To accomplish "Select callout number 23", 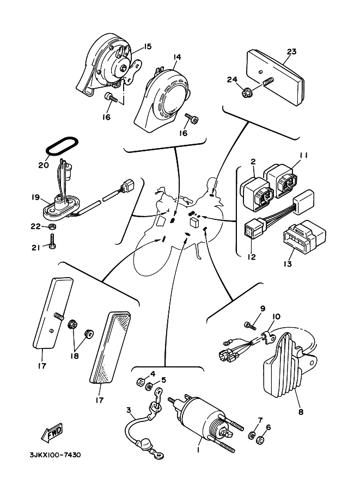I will tap(291, 52).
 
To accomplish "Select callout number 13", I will tap(288, 265).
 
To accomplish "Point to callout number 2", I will tap(253, 161).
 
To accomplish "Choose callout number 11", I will tap(303, 156).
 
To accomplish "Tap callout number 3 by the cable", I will tap(129, 410).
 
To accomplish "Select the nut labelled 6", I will tap(261, 438).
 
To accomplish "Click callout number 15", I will tap(147, 46).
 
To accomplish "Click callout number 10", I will tap(276, 316).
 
